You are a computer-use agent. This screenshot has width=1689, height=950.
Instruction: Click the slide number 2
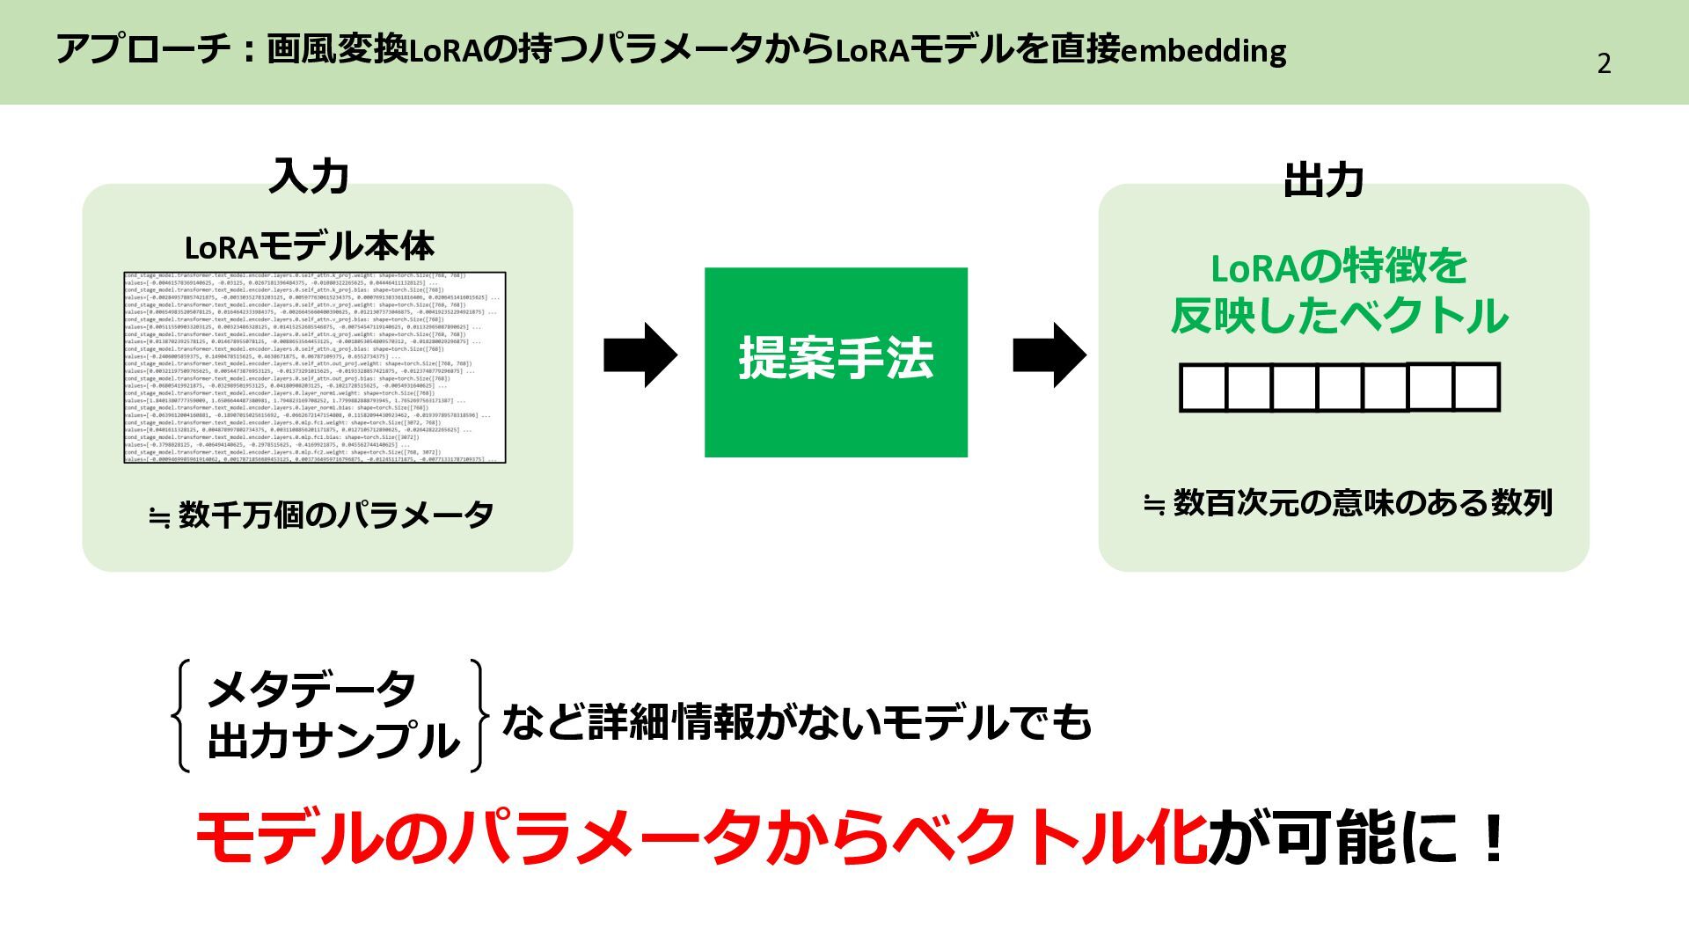[x=1604, y=63]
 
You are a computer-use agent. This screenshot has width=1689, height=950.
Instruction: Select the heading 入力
[x=309, y=177]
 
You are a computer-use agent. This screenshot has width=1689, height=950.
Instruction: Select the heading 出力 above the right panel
[x=1323, y=180]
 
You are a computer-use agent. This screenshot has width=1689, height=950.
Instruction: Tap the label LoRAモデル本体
[x=309, y=247]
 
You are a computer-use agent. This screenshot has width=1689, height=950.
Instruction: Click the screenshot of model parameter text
[x=315, y=368]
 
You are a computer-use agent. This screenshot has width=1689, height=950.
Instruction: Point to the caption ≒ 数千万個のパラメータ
[x=321, y=515]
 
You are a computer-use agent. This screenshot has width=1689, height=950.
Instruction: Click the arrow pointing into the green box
[x=640, y=354]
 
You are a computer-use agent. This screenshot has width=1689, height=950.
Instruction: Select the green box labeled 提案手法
[x=836, y=362]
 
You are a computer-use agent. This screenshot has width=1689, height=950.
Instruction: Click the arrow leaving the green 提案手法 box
[x=1049, y=354]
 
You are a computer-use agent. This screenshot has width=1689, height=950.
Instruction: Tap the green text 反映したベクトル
[x=1339, y=316]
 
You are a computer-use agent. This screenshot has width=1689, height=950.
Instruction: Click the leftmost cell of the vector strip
[x=1203, y=388]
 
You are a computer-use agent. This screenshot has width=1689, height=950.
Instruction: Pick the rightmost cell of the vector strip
[x=1476, y=387]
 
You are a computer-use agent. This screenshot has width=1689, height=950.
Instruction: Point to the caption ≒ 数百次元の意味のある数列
[x=1347, y=504]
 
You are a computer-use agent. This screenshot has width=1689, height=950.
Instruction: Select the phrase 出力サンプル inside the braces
[x=333, y=741]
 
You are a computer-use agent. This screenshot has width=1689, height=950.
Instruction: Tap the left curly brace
[x=181, y=715]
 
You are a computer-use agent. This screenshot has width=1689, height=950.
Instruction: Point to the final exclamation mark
[x=1493, y=838]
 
